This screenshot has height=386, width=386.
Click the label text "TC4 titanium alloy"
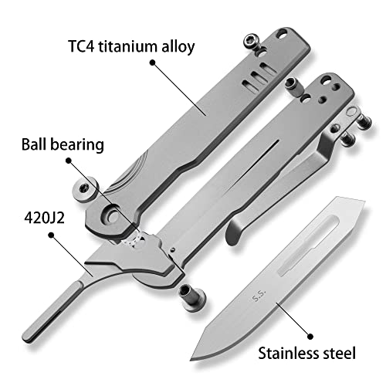click(131, 46)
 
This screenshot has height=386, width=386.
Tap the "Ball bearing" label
click(63, 145)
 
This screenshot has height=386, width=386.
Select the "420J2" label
click(44, 218)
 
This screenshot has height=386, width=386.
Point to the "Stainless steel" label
click(306, 353)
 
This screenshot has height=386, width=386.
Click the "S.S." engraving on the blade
click(259, 296)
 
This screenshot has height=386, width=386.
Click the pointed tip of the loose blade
click(191, 359)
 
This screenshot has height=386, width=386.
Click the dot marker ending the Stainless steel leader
click(310, 336)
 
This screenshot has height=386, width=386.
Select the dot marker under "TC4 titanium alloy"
click(153, 63)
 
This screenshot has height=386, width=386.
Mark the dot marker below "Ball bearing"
click(68, 161)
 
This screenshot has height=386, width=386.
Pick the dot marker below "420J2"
click(52, 235)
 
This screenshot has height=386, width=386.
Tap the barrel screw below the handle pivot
click(191, 296)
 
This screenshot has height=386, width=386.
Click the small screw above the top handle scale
click(252, 42)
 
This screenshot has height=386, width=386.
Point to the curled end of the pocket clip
click(235, 230)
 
